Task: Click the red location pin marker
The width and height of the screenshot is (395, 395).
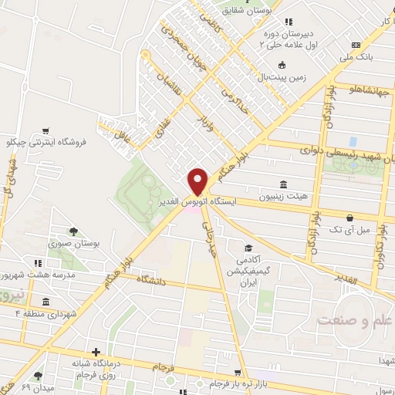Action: pyautogui.click(x=198, y=181)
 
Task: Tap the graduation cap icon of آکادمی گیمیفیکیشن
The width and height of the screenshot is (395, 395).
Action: pyautogui.click(x=249, y=248)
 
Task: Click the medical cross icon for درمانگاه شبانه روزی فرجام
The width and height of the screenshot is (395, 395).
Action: pyautogui.click(x=95, y=352)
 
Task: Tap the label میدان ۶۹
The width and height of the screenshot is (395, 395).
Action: pyautogui.click(x=32, y=386)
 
